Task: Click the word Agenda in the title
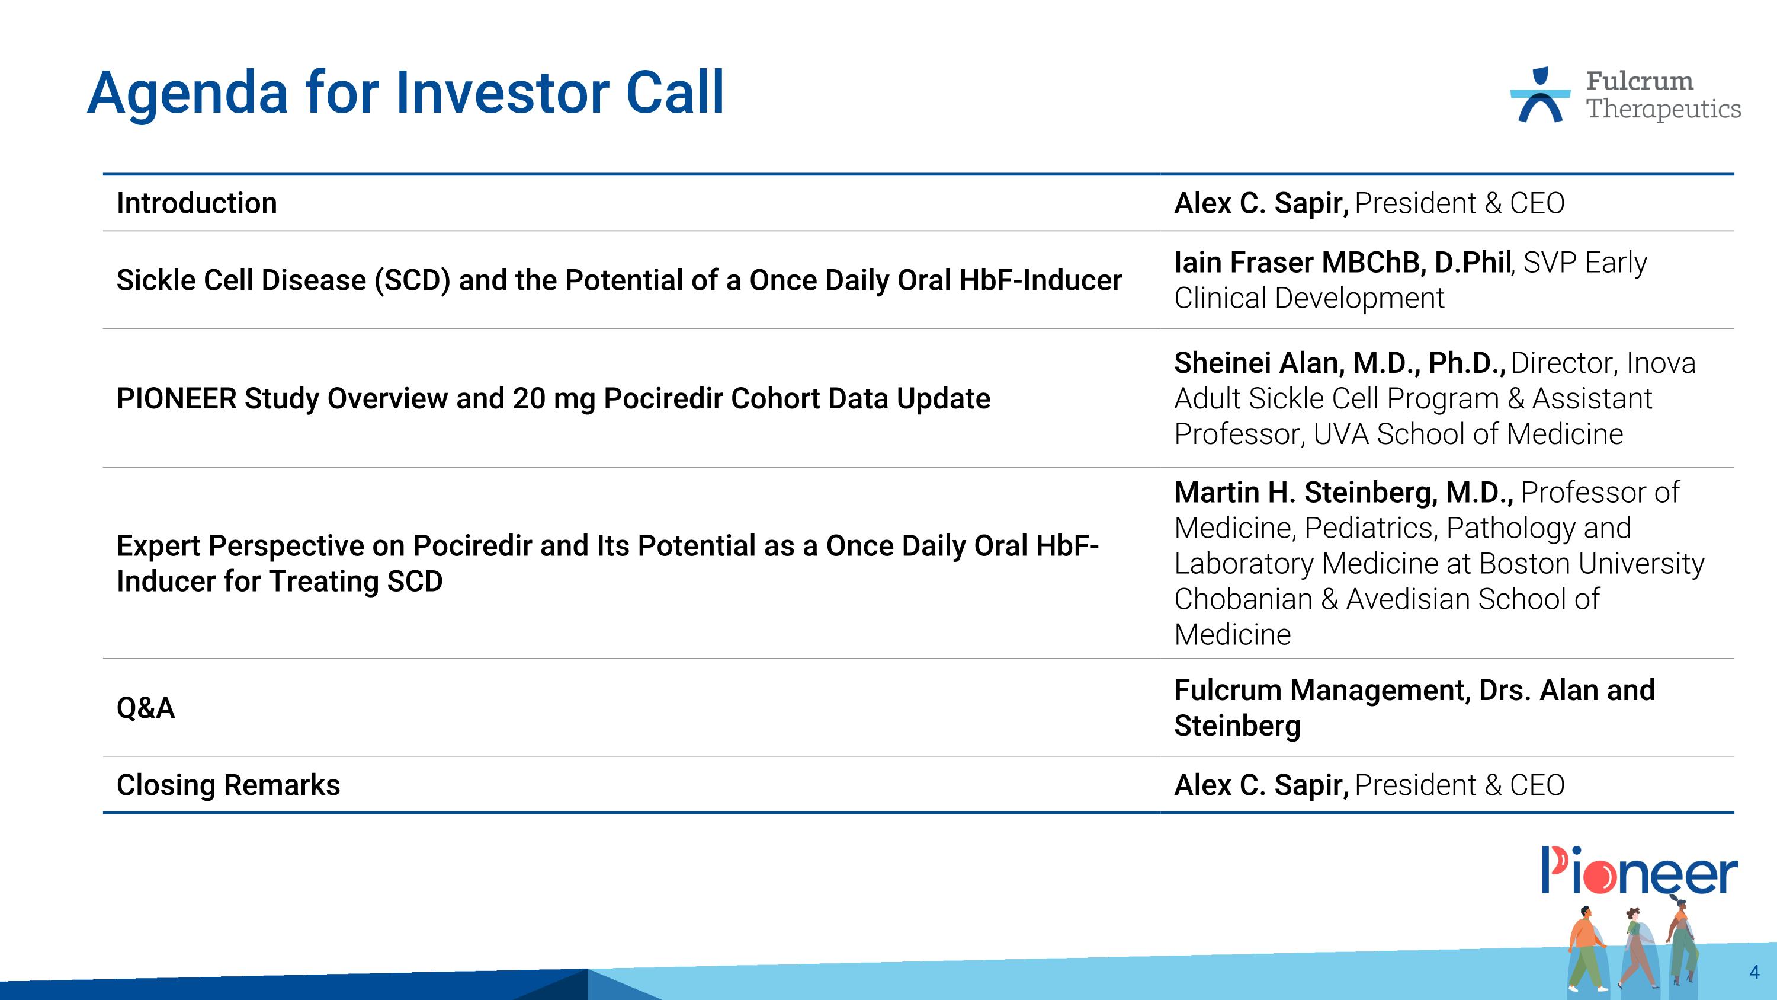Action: [187, 93]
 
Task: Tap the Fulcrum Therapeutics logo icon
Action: [1539, 95]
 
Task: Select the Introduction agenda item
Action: [197, 203]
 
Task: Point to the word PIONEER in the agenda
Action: [177, 398]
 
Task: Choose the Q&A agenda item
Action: [146, 707]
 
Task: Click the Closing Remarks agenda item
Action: [228, 785]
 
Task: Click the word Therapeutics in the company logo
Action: [1664, 109]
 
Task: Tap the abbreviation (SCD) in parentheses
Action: [412, 280]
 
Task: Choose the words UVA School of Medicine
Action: [1468, 434]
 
